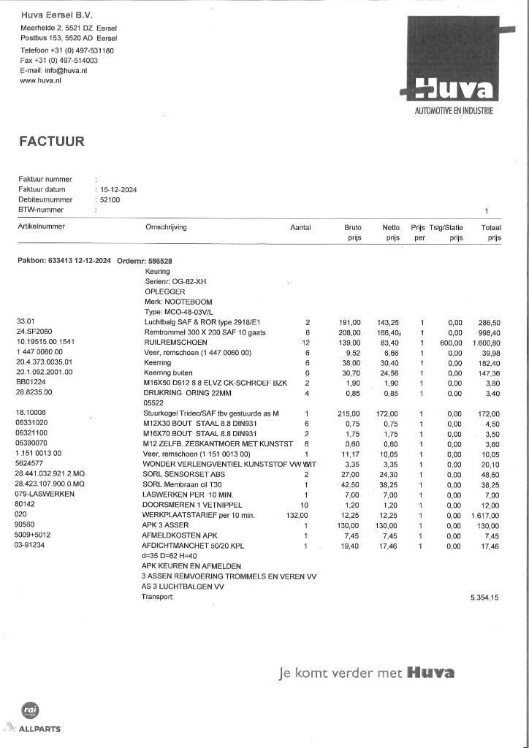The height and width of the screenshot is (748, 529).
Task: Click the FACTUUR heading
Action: [x=52, y=142]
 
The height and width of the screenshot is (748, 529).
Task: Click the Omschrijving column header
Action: [x=167, y=227]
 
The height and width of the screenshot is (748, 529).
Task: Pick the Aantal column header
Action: [x=300, y=227]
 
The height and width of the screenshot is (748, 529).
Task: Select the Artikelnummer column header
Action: [x=42, y=227]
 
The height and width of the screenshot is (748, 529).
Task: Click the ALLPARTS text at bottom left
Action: [x=40, y=729]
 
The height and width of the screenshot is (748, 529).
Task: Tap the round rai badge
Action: [x=31, y=710]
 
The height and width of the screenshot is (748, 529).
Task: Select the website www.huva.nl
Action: [x=40, y=81]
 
